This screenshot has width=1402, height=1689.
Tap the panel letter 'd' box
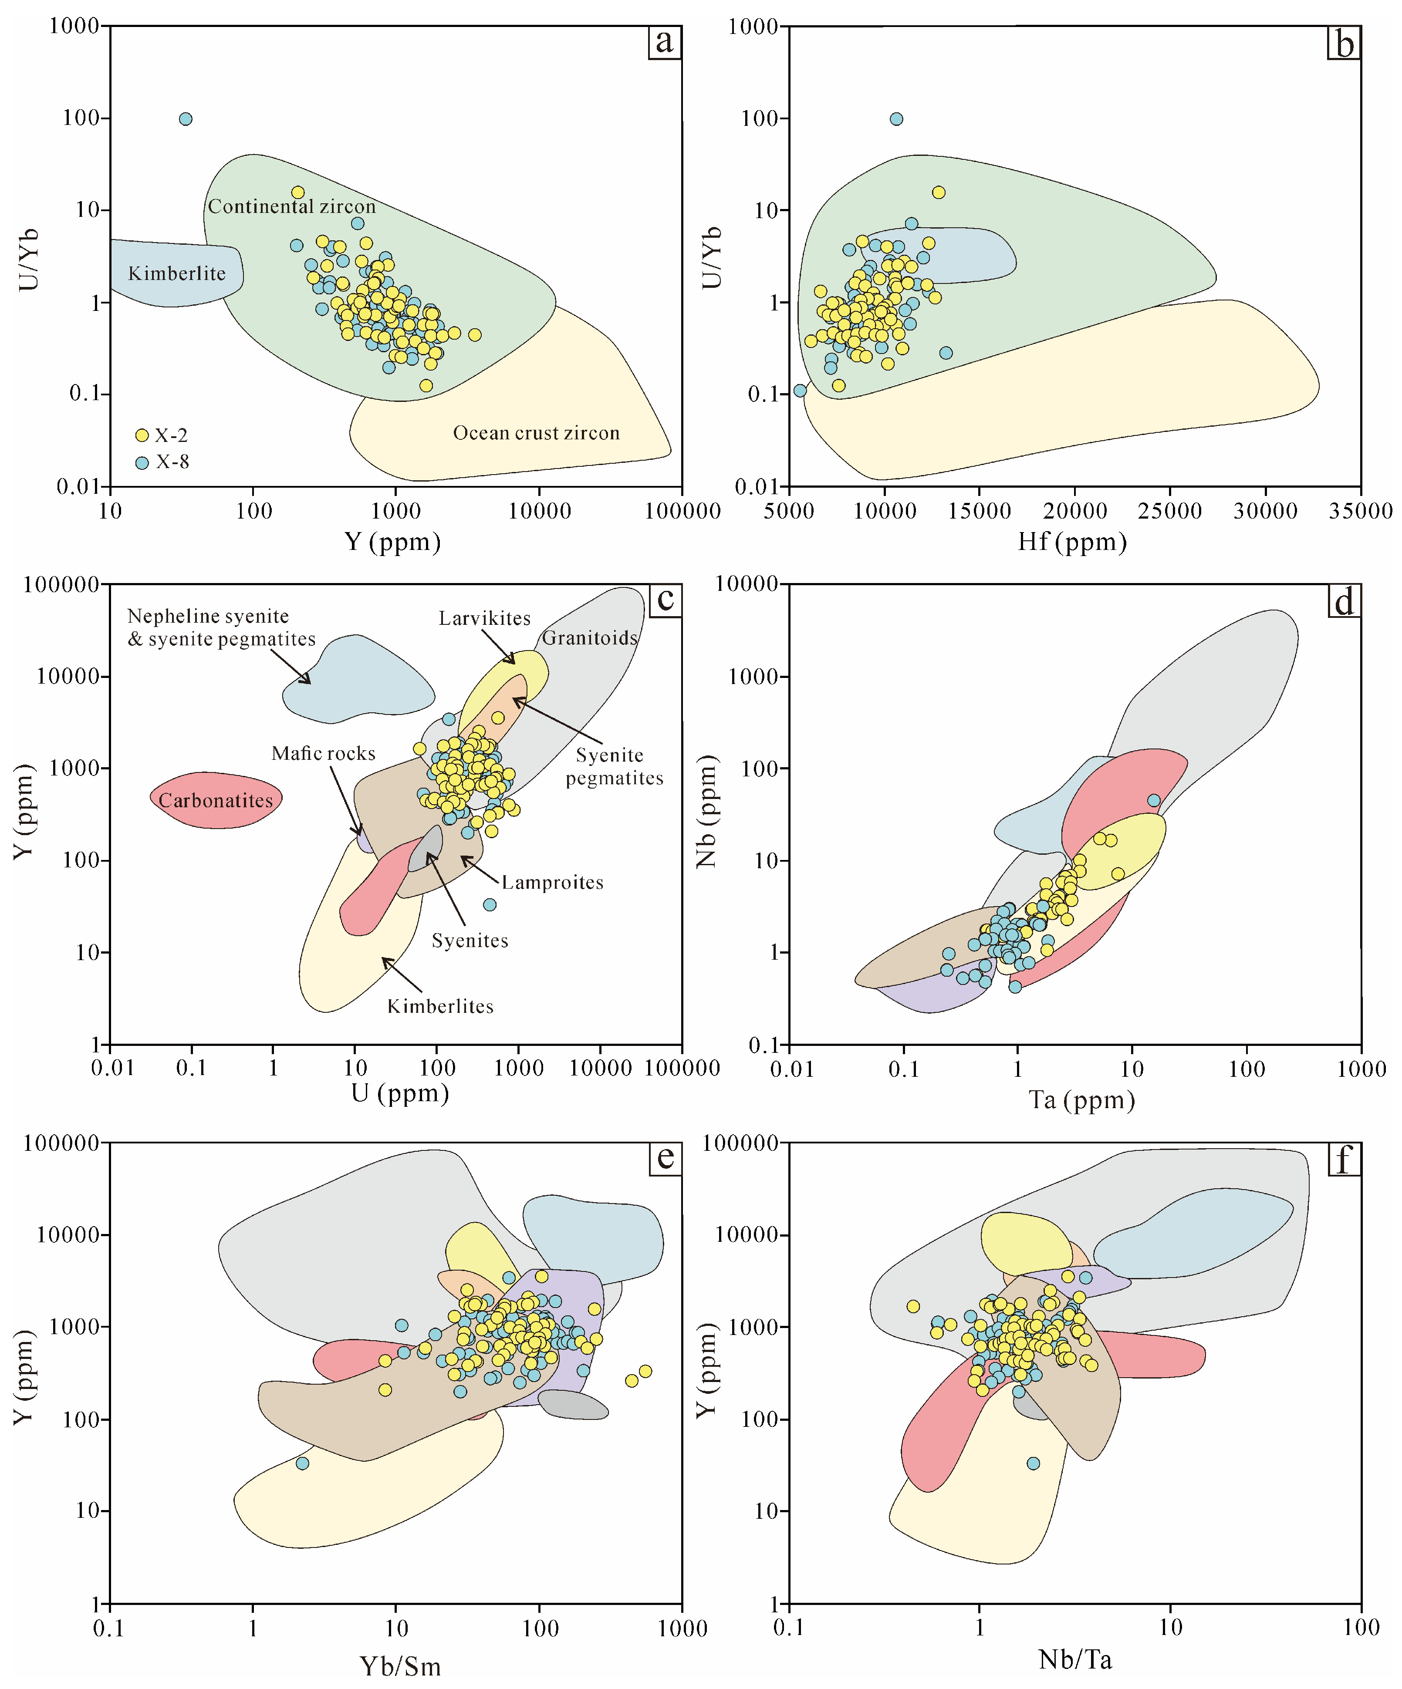[x=1343, y=601]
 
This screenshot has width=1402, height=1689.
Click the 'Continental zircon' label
[x=291, y=207]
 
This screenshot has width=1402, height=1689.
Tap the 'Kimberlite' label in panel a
[x=177, y=273]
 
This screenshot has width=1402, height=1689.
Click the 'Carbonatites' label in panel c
[x=216, y=800]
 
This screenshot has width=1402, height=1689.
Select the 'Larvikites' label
[x=484, y=618]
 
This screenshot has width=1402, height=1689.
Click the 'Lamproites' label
[x=552, y=882]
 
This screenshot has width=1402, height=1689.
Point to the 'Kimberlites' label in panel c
[x=440, y=1006]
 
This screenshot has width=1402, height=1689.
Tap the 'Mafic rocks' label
[x=323, y=754]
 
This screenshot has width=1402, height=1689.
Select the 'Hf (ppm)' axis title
[x=1072, y=542]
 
